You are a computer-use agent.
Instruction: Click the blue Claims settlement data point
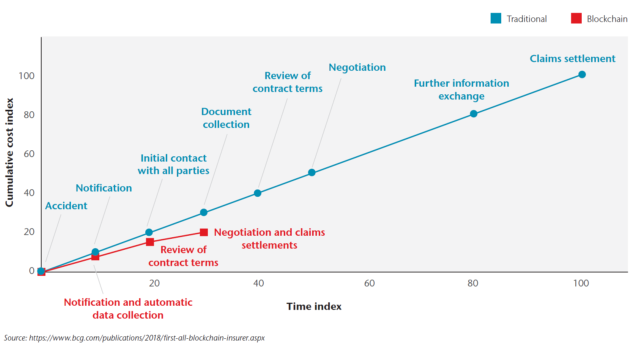(x=581, y=74)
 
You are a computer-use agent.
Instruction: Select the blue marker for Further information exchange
(x=473, y=113)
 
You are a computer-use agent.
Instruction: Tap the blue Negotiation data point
(x=311, y=172)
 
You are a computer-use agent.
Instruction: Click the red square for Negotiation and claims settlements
(x=203, y=232)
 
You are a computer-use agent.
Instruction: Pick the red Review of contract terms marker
(x=149, y=242)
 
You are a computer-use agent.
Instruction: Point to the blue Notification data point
(x=95, y=252)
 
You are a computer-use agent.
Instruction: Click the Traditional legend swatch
(x=495, y=18)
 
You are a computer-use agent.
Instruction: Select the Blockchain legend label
(x=607, y=19)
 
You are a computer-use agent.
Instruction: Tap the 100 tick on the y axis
(x=27, y=76)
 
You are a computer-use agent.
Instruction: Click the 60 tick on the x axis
(x=369, y=283)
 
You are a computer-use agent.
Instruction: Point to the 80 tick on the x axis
(x=473, y=283)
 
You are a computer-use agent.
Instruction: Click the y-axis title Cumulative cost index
(x=9, y=152)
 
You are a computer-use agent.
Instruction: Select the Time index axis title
(x=314, y=306)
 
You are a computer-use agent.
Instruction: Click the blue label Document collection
(x=226, y=118)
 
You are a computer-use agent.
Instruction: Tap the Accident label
(x=66, y=205)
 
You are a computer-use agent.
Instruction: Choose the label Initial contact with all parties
(x=174, y=164)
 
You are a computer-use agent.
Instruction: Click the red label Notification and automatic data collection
(x=128, y=308)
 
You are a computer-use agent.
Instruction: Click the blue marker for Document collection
(x=203, y=212)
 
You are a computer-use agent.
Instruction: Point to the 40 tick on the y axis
(x=29, y=193)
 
